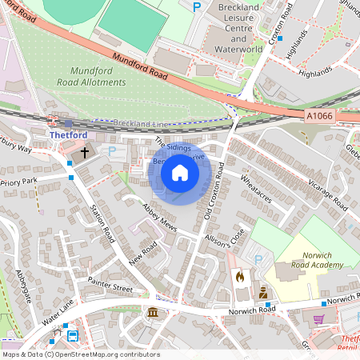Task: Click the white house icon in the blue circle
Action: pyautogui.click(x=180, y=172)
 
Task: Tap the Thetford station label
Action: pyautogui.click(x=68, y=135)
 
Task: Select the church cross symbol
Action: pyautogui.click(x=85, y=150)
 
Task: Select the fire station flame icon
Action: pyautogui.click(x=239, y=277)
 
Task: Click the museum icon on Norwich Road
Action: pyautogui.click(x=152, y=311)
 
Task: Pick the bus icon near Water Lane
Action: pyautogui.click(x=73, y=336)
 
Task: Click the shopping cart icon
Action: pyautogui.click(x=319, y=318)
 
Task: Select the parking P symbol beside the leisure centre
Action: pyautogui.click(x=197, y=7)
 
